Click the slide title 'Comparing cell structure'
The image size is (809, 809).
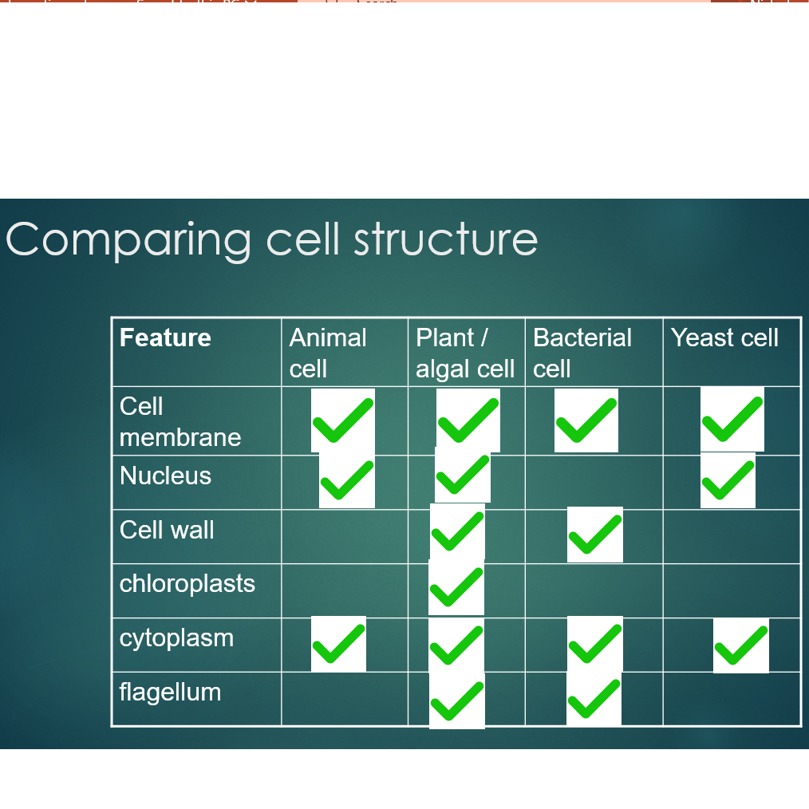point(271,239)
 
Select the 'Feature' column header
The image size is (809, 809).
point(165,337)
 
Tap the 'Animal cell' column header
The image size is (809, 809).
point(328,353)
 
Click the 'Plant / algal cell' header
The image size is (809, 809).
point(465,353)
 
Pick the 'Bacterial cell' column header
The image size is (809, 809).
point(582,353)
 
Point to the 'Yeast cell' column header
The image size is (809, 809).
point(724,337)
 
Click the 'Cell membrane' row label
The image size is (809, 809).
point(180,421)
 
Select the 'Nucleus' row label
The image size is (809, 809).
point(165,476)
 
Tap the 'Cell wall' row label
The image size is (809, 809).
point(167,530)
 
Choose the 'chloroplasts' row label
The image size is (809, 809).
point(187,584)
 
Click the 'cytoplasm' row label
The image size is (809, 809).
point(176,638)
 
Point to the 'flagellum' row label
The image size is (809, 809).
point(170,692)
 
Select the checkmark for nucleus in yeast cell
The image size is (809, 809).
point(728,480)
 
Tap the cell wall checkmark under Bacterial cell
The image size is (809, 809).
point(595,535)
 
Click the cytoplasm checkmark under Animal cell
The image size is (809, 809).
point(338,644)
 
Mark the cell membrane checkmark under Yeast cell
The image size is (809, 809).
point(732,420)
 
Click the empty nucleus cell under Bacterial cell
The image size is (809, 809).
point(594,483)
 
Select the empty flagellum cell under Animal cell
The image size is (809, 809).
point(345,699)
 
